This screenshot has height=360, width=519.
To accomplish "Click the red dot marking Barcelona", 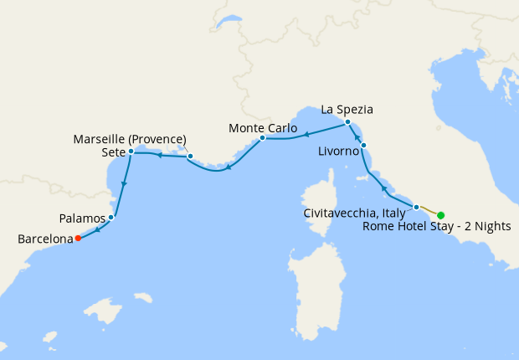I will click(x=78, y=239).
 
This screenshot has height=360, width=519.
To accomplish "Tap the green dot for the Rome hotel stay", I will click(x=441, y=215).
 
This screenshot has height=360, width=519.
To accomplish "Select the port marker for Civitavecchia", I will click(x=416, y=206).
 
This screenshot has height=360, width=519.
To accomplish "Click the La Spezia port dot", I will click(x=347, y=123).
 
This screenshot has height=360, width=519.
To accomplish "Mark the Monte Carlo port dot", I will click(x=262, y=137).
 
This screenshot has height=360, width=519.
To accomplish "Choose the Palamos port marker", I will click(x=111, y=218).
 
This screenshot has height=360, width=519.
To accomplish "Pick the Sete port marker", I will click(x=131, y=152).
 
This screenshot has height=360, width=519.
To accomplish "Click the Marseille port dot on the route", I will click(x=190, y=156).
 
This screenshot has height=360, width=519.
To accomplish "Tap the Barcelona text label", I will click(x=45, y=239).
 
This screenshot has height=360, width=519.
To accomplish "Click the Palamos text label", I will click(x=82, y=218).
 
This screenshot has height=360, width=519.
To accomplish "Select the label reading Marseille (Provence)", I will click(x=130, y=138).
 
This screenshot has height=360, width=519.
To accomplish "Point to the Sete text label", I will click(x=111, y=152).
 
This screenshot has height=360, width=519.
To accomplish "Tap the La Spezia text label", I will click(x=347, y=109).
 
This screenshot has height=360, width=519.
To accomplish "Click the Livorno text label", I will click(x=339, y=153).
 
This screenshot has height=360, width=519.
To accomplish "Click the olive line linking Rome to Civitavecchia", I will click(x=429, y=210).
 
